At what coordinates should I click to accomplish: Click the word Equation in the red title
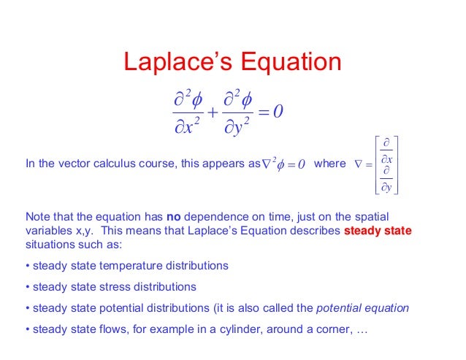289,64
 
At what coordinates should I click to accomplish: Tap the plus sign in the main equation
212,112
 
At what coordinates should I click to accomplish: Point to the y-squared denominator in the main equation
236,128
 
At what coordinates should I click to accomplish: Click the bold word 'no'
173,217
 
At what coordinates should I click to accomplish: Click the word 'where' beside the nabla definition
329,164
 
